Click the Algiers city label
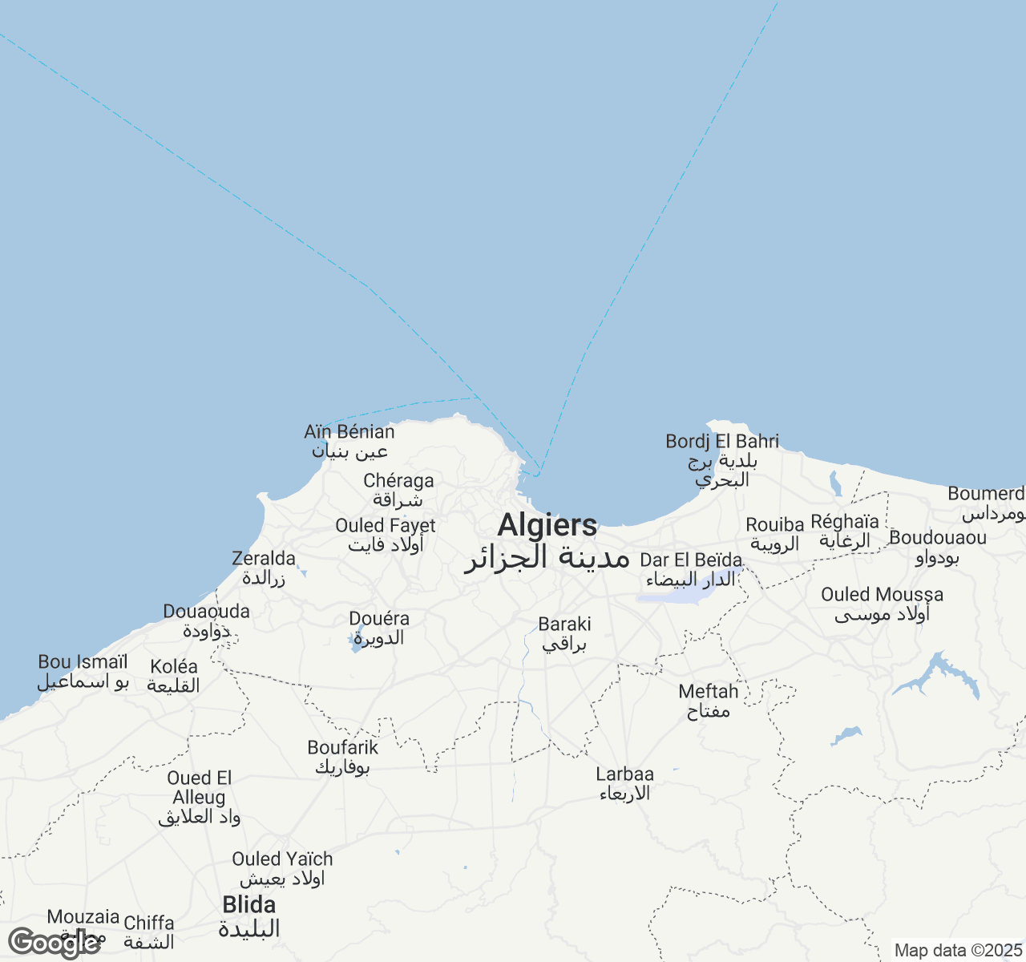[x=547, y=526]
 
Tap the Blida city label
[x=249, y=905]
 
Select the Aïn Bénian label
[x=349, y=432]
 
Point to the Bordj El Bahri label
[x=722, y=442]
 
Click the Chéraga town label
[x=398, y=481]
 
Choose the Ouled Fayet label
[x=386, y=526]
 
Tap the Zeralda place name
[x=264, y=559]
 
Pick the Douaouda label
[x=206, y=612]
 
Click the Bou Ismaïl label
[x=83, y=663]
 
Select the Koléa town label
[x=174, y=667]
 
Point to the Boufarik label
[x=343, y=748]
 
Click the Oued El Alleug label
[x=199, y=788]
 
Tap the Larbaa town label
[x=624, y=775]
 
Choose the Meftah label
[x=709, y=692]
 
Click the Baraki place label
[x=564, y=624]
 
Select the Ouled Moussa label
[x=882, y=595]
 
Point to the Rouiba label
[x=775, y=525]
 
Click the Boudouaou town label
[x=938, y=538]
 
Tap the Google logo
[x=55, y=944]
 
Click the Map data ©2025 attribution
[x=959, y=951]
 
